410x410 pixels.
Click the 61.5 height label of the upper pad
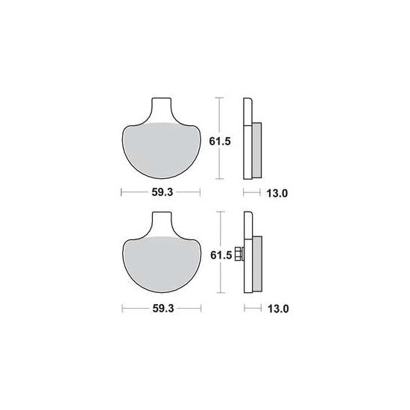[220, 142]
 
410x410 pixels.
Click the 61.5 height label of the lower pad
[221, 255]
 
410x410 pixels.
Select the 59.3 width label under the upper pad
[163, 192]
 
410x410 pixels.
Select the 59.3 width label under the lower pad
[163, 309]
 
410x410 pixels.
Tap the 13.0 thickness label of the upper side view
[277, 194]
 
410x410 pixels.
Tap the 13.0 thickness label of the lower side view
[278, 309]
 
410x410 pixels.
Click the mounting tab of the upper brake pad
[162, 110]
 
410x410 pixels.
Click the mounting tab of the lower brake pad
[163, 224]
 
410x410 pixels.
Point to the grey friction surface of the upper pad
[162, 151]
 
